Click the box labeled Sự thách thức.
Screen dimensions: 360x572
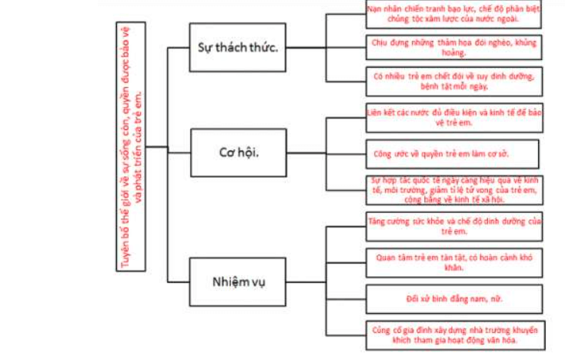(x=238, y=47)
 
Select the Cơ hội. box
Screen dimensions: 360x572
(x=238, y=150)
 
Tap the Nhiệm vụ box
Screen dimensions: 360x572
(x=238, y=281)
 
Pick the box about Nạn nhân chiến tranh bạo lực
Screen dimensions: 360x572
(x=453, y=14)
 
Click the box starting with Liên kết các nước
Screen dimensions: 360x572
(x=453, y=118)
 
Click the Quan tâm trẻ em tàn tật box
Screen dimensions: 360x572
(x=453, y=262)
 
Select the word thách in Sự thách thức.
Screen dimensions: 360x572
(x=236, y=47)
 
